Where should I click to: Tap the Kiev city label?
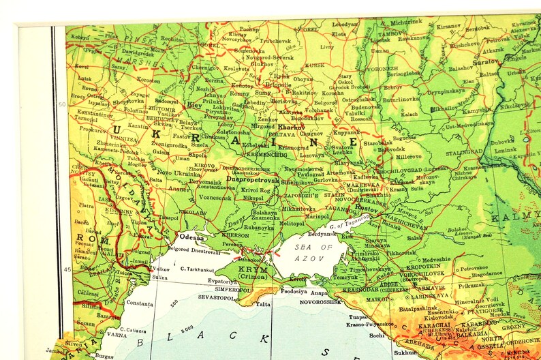pos(194,105)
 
